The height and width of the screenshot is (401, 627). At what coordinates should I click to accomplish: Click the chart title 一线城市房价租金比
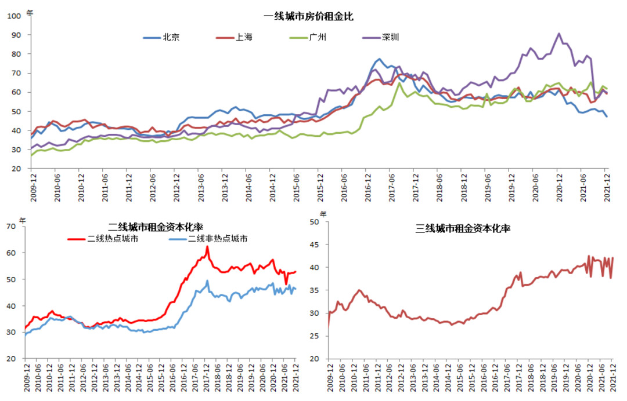(308, 17)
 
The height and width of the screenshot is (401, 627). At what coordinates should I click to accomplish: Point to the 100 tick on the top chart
(14, 16)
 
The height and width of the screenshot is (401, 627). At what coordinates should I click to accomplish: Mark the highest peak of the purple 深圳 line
(559, 34)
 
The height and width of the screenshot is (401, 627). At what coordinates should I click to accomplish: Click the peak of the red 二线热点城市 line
(207, 247)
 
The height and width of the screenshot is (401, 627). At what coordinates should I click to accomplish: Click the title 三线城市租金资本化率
(463, 228)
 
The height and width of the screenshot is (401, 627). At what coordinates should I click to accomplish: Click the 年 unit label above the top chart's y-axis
(30, 12)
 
